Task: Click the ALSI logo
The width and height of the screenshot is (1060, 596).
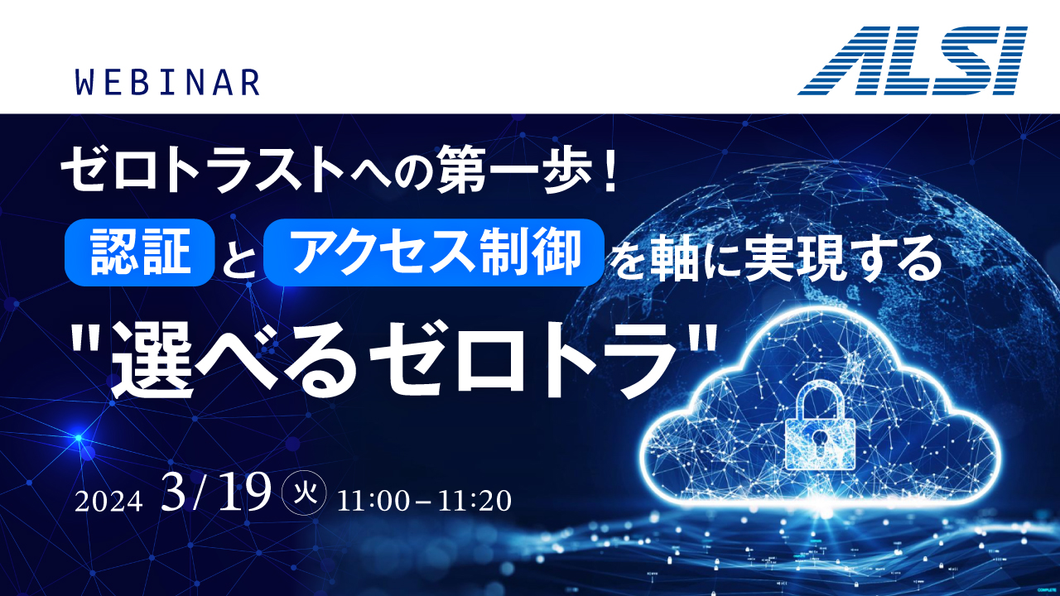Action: click(x=913, y=60)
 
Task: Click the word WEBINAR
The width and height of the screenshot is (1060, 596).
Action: click(x=168, y=82)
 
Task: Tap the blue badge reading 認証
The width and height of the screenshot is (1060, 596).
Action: click(x=140, y=252)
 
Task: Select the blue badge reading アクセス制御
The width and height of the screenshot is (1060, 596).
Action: click(x=433, y=252)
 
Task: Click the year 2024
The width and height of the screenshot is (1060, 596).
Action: click(x=108, y=502)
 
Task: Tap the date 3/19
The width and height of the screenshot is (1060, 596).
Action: click(x=216, y=492)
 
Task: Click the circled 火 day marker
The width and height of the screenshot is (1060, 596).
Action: click(x=304, y=493)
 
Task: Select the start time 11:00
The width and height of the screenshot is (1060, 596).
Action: click(x=373, y=501)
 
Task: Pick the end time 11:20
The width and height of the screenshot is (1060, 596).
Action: click(x=475, y=501)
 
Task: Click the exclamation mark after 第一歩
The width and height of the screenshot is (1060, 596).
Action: click(x=609, y=169)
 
